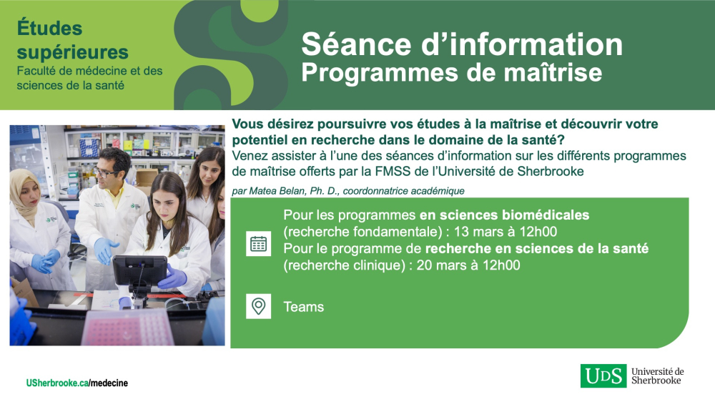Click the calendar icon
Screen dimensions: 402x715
click(259, 244)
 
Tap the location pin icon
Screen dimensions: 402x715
click(259, 306)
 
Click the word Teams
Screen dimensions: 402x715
click(304, 307)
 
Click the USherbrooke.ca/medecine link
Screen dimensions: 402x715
click(77, 383)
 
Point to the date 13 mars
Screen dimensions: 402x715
click(470, 231)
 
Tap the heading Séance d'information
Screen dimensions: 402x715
click(462, 44)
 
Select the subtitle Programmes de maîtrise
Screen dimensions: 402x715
click(451, 72)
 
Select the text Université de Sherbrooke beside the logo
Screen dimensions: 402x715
click(657, 376)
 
